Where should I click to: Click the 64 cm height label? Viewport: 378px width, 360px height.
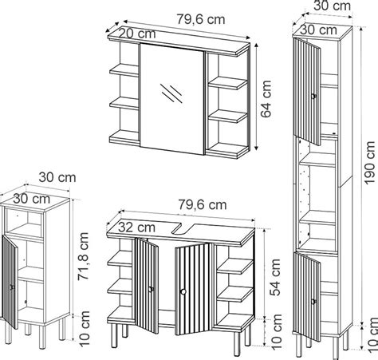266,99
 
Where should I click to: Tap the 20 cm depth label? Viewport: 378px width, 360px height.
137,34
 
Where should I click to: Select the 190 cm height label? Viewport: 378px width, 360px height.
370,163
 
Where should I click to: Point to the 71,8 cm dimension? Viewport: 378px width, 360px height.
83,256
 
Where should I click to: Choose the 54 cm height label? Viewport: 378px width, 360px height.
275,277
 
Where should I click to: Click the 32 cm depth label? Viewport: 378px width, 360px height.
136,227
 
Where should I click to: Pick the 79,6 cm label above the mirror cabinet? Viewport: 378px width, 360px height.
201,19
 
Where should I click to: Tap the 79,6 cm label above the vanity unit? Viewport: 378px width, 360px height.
203,204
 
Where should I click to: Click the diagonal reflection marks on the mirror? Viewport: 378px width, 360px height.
171,93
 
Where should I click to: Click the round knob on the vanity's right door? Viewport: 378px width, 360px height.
183,292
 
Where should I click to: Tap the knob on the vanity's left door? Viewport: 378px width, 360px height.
151,289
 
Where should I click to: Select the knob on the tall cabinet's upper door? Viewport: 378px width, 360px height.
313,97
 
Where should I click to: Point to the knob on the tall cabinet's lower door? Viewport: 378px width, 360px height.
313,302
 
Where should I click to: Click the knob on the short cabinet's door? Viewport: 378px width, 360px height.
12,287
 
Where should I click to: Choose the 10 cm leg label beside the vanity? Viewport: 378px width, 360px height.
277,331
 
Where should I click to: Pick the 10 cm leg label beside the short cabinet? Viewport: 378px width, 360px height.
85,328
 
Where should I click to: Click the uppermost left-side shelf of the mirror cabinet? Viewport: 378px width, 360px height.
124,70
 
